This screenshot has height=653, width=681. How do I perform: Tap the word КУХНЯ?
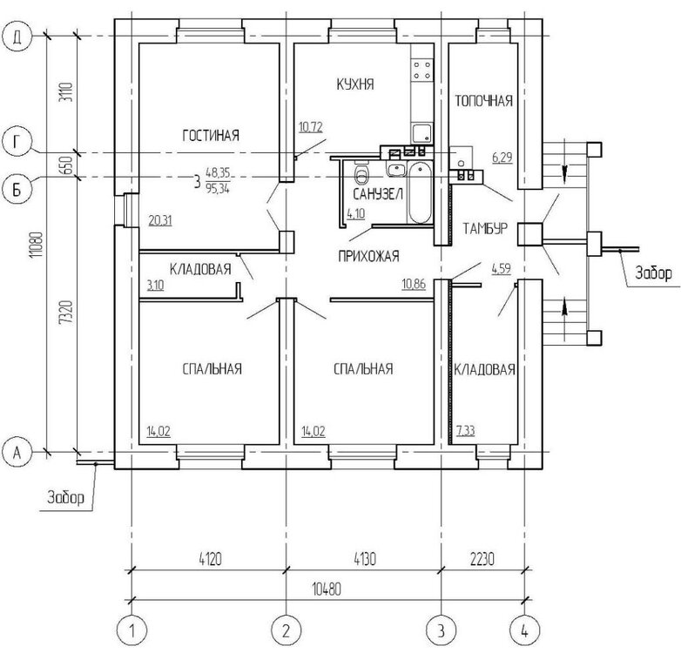click(354, 84)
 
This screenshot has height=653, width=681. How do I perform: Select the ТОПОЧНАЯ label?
click(483, 101)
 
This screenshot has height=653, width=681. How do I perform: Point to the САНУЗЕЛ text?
click(377, 195)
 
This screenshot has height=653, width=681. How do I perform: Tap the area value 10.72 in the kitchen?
click(311, 127)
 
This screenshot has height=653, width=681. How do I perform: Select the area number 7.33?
click(467, 431)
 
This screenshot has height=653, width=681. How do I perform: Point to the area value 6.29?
click(503, 157)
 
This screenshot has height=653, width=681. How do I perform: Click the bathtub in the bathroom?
click(419, 193)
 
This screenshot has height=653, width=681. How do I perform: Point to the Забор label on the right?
click(652, 273)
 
